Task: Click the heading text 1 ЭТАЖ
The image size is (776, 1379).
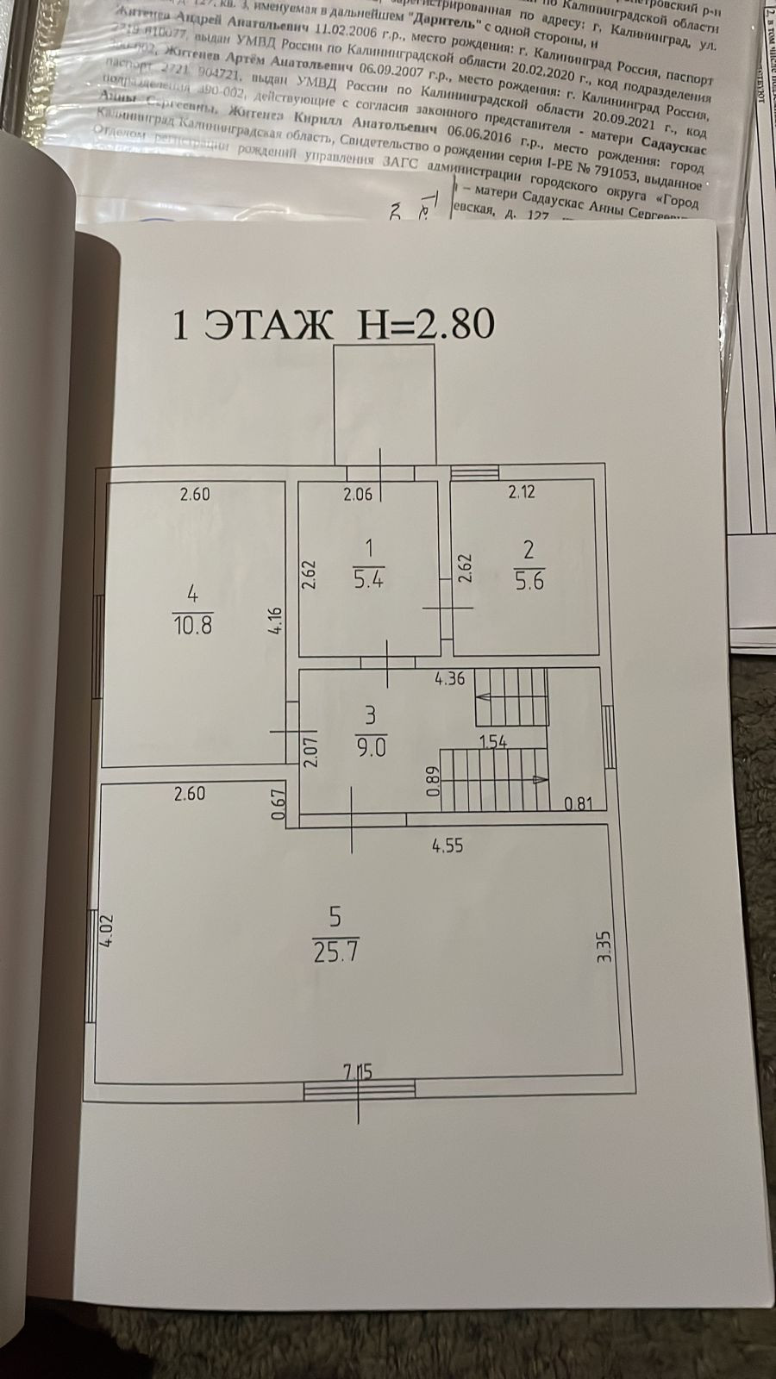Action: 252,325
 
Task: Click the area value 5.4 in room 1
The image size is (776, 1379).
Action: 368,579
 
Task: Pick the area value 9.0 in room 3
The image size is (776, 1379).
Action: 371,746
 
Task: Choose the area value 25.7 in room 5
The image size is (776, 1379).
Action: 336,952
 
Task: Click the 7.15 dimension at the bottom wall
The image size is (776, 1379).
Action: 358,1072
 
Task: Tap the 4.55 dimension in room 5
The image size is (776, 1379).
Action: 447,846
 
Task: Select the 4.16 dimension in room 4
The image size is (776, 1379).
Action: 275,620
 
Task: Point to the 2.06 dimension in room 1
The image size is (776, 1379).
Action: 360,494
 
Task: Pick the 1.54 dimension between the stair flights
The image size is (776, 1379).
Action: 492,741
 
